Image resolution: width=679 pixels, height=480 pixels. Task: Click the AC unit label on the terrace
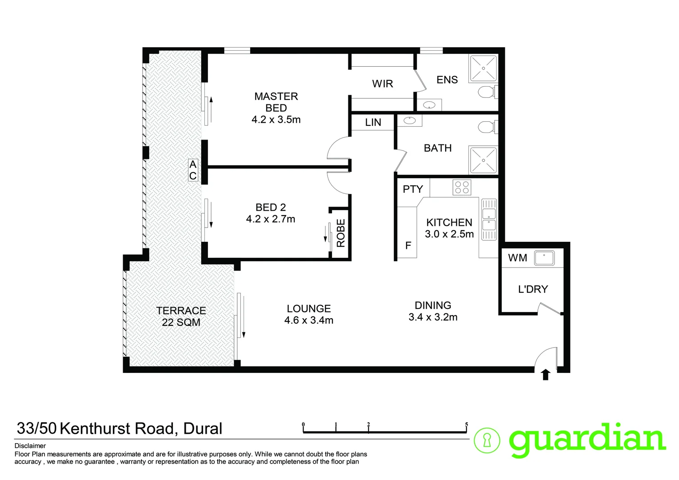(193, 170)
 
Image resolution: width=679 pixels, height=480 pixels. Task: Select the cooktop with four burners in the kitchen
(462, 187)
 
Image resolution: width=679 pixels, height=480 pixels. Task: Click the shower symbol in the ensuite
(483, 68)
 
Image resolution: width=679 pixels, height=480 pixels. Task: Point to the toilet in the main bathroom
(487, 128)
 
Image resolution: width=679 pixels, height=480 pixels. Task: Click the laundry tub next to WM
(544, 258)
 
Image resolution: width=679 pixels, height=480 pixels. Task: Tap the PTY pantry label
(413, 189)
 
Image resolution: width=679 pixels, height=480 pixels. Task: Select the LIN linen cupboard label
(373, 123)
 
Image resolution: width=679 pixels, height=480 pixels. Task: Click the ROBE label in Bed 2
(341, 233)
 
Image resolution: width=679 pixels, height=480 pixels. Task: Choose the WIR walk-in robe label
(383, 84)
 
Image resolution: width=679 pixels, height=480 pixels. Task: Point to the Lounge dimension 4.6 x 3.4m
(309, 320)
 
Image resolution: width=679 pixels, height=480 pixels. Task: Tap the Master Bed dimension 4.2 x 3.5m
(276, 120)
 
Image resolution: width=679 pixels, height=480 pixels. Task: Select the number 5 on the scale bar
(466, 425)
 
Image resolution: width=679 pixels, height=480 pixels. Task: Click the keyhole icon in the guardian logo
(487, 441)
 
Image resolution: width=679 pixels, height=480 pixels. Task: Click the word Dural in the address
(203, 428)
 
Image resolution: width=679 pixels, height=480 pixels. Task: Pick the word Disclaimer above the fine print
(30, 446)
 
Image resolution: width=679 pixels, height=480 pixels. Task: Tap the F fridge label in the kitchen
(408, 245)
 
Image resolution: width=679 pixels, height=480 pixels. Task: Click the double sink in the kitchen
(489, 219)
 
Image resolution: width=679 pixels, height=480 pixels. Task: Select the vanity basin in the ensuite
(429, 105)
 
